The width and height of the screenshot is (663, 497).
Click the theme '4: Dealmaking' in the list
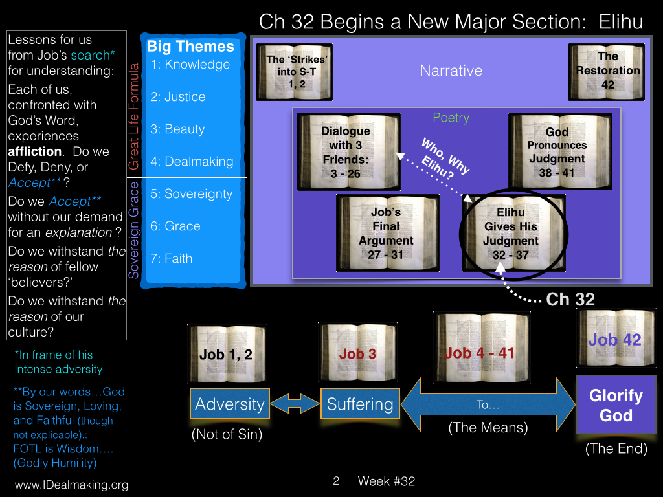click(x=192, y=161)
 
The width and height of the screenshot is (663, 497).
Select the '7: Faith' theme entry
click(x=171, y=259)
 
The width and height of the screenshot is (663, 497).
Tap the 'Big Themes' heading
click(x=190, y=47)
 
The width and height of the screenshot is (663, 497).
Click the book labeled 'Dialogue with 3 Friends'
click(x=348, y=151)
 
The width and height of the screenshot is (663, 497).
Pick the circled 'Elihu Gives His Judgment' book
click(x=513, y=233)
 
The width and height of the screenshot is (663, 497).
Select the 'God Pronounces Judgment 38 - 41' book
click(x=560, y=151)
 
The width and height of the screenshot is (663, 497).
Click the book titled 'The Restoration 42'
click(x=606, y=72)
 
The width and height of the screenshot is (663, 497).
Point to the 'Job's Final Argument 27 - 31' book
click(x=388, y=233)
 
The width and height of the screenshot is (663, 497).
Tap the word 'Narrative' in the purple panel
click(x=451, y=71)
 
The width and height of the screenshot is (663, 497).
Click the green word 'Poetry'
click(x=451, y=118)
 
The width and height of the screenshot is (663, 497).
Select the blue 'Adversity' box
click(x=230, y=404)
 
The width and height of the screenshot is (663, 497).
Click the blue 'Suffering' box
click(x=360, y=404)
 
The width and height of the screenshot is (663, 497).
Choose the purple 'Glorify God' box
click(x=616, y=405)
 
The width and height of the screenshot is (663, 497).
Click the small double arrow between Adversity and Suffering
click(x=295, y=403)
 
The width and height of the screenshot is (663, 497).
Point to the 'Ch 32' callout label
click(x=570, y=299)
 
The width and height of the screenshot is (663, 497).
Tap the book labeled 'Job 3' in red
click(x=357, y=353)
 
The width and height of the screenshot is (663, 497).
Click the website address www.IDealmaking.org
click(x=71, y=485)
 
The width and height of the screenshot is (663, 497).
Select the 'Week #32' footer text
click(x=386, y=481)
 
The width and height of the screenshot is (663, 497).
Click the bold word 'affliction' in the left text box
click(x=35, y=151)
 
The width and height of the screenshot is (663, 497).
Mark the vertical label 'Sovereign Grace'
click(x=133, y=230)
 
